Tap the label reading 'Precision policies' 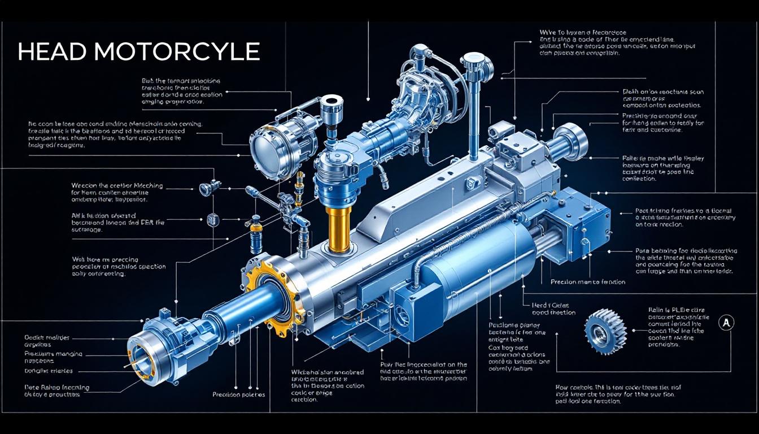(x=238, y=394)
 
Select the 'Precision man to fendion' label (x=587, y=281)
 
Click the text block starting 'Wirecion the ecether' (x=116, y=192)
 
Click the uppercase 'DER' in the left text (x=148, y=222)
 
